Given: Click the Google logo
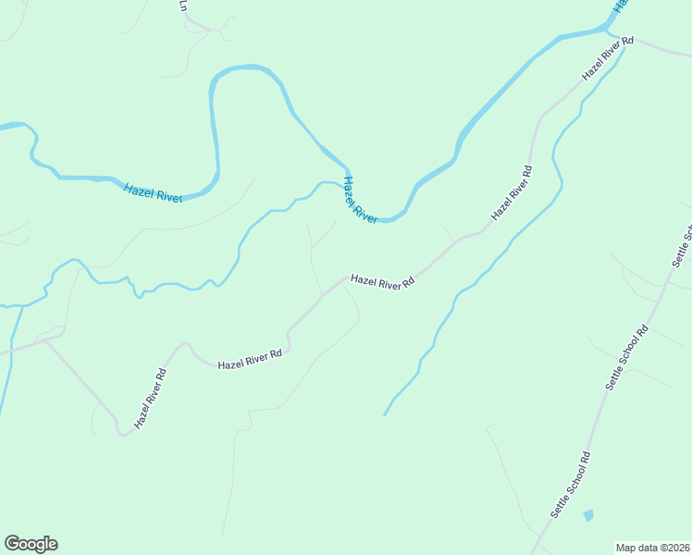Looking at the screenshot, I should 31,544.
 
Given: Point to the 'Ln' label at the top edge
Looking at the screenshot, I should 183,6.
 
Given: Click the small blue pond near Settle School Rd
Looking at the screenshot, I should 588,515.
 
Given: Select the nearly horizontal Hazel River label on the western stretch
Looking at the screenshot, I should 153,192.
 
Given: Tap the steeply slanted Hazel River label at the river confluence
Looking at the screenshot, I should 360,200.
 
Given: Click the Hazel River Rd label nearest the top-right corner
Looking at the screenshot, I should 607,58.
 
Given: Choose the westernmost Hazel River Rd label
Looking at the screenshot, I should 150,399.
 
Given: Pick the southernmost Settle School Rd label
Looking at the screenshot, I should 570,484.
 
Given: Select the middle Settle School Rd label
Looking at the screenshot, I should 628,356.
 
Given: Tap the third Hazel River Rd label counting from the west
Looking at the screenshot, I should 381,282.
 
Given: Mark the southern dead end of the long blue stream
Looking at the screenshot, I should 384,414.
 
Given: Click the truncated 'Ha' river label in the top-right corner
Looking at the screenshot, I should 620,5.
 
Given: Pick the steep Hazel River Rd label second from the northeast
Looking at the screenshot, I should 513,192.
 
